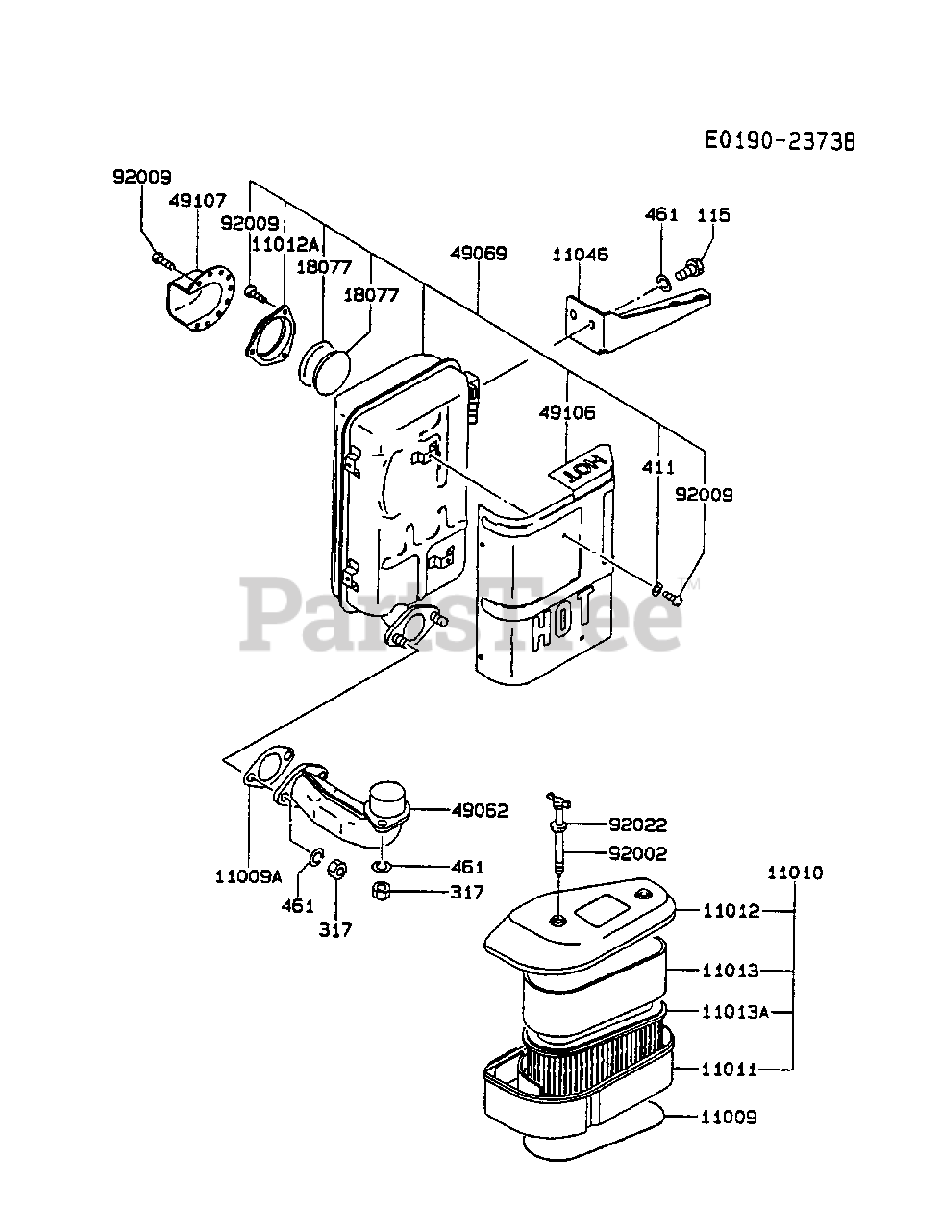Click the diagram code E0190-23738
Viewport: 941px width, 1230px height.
(779, 141)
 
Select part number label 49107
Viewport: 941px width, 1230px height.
(197, 201)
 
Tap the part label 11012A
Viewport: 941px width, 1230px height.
(285, 244)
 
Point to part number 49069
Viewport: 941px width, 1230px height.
(479, 254)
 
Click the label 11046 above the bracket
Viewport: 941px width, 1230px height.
(580, 255)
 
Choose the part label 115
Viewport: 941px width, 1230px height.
(713, 214)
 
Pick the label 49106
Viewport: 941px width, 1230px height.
(567, 412)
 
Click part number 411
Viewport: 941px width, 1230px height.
(659, 467)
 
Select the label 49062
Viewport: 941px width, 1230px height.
(480, 810)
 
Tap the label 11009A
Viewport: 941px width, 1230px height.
(248, 876)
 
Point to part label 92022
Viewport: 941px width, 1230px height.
(637, 824)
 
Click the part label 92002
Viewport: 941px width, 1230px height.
(637, 853)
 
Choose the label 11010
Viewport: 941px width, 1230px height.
(795, 873)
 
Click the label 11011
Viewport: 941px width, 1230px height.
(731, 1069)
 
